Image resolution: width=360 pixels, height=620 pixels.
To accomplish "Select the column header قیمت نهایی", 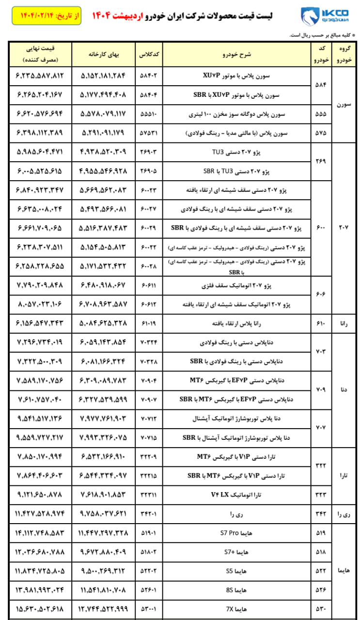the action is coord(40,54).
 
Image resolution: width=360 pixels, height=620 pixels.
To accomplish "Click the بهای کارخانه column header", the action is coord(104,54).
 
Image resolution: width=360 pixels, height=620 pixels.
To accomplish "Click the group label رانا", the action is coord(344,322).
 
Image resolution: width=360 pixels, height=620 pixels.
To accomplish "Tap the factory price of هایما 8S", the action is coord(104,589).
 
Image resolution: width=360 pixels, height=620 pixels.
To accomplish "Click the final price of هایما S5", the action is coord(40,571).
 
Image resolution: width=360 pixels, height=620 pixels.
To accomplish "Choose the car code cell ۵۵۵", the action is coord(321,115).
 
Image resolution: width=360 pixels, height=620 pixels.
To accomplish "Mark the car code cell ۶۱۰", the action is coord(321,322).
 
